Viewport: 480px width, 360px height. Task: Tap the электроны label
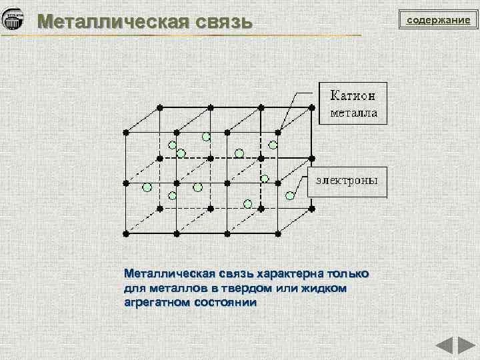(x=347, y=180)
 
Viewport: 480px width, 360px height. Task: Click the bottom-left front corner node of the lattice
(x=126, y=233)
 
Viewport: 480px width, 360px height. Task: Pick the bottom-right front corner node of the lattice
(x=278, y=233)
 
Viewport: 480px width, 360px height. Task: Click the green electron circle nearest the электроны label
(x=290, y=195)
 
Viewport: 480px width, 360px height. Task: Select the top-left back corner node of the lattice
(x=160, y=107)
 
